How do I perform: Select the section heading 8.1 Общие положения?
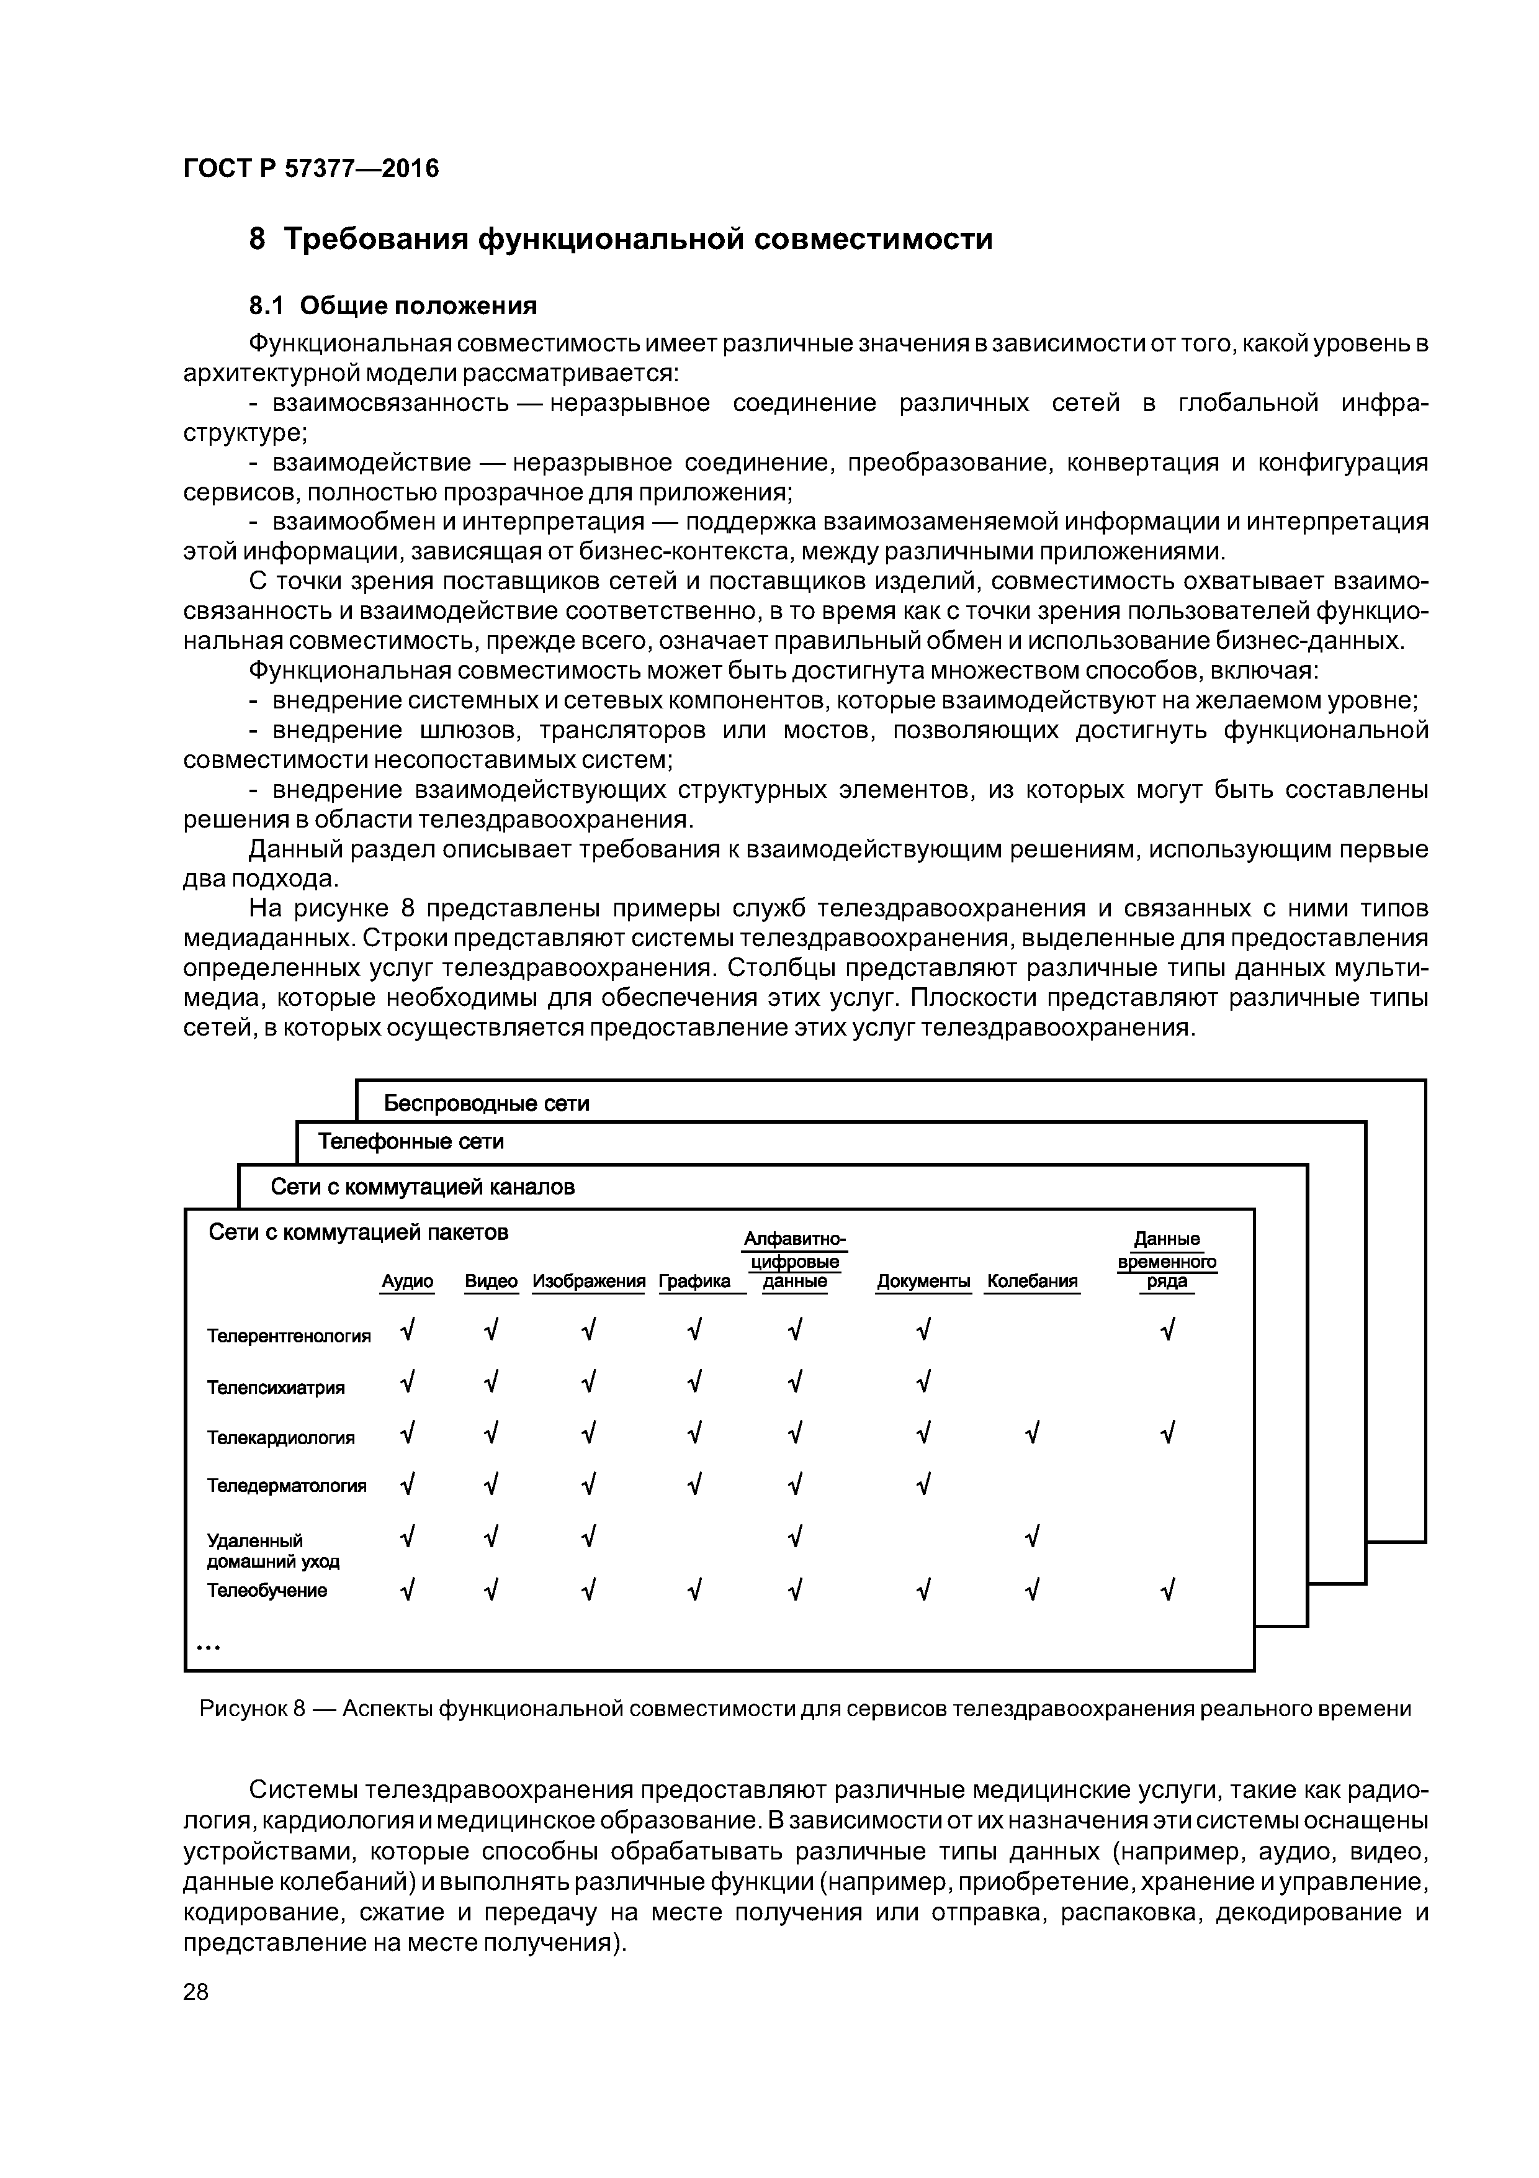pyautogui.click(x=393, y=305)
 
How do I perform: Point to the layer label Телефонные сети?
pyautogui.click(x=411, y=1141)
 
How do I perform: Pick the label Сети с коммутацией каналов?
pyautogui.click(x=423, y=1186)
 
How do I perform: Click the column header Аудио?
pyautogui.click(x=407, y=1281)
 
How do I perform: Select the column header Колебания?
pyautogui.click(x=1032, y=1281)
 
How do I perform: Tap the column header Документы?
pyautogui.click(x=923, y=1281)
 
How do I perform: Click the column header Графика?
pyautogui.click(x=694, y=1281)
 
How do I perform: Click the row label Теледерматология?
pyautogui.click(x=286, y=1486)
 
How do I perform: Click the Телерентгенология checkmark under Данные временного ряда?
pyautogui.click(x=1167, y=1332)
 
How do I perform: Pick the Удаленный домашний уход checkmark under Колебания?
pyautogui.click(x=1032, y=1536)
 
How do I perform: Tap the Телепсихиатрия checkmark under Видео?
pyautogui.click(x=490, y=1383)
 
